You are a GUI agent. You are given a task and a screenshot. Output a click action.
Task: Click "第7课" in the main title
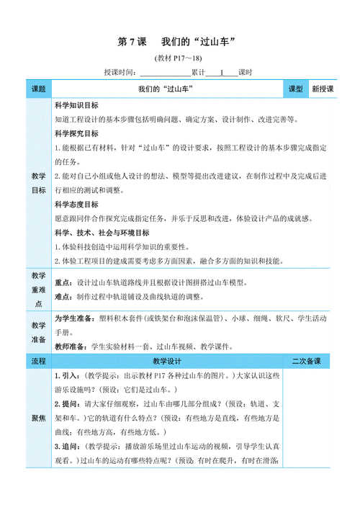point(132,42)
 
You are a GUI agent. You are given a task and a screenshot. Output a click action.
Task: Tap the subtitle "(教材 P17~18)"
point(179,58)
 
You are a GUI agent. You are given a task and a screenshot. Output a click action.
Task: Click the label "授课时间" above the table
point(120,72)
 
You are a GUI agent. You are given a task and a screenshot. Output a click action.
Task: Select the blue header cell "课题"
point(38,89)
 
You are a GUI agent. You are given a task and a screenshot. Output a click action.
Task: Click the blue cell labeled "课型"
point(296,89)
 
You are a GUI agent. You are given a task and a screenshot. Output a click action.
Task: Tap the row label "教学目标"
point(38,184)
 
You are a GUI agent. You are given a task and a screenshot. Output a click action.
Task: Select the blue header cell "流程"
point(38,361)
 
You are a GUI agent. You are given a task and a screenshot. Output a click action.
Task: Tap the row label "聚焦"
point(38,418)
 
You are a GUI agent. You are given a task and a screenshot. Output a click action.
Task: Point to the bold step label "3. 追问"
point(68,447)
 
